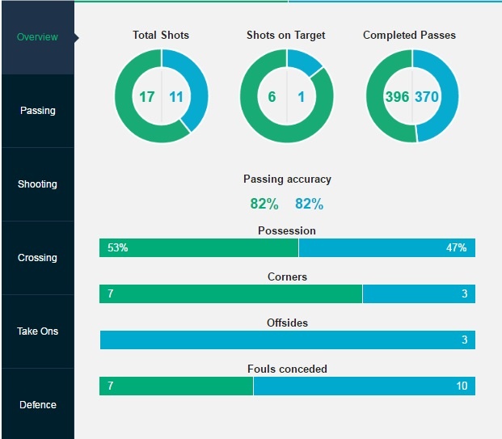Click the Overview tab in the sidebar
click(37, 37)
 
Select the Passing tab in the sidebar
click(37, 111)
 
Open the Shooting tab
click(37, 184)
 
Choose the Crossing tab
click(37, 258)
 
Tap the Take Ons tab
click(37, 331)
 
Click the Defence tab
click(37, 405)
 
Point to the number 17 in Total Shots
click(146, 97)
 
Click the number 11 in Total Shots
click(177, 97)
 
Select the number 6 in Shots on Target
click(272, 97)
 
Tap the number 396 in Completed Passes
click(397, 97)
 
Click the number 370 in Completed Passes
click(427, 97)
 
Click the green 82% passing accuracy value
click(264, 204)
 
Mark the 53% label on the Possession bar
click(117, 248)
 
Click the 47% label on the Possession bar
click(456, 248)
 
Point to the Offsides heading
click(287, 323)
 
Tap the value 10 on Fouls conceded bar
click(462, 386)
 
